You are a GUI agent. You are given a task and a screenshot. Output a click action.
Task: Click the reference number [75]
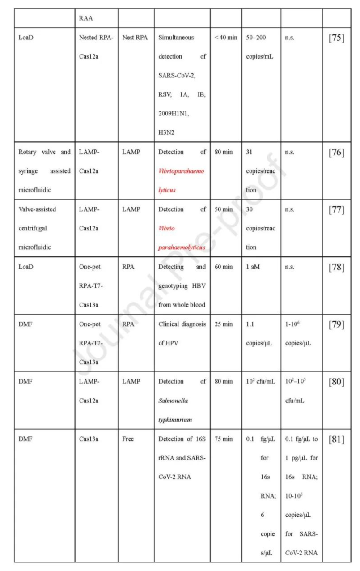pyautogui.click(x=336, y=38)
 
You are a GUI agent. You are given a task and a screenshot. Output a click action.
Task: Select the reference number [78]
pyautogui.click(x=336, y=268)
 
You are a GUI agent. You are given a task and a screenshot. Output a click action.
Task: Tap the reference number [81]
pyautogui.click(x=336, y=439)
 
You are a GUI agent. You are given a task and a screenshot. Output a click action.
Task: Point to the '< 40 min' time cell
pyautogui.click(x=226, y=38)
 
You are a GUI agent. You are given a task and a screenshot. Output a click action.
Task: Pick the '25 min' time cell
pyautogui.click(x=224, y=324)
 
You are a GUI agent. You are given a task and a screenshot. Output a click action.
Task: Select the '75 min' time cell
pyautogui.click(x=224, y=439)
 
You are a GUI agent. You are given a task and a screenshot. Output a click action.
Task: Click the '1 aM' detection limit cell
pyautogui.click(x=254, y=268)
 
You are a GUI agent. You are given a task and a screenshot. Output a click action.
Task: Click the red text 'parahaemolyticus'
pyautogui.click(x=182, y=247)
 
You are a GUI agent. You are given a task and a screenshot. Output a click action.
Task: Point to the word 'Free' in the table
pyautogui.click(x=128, y=439)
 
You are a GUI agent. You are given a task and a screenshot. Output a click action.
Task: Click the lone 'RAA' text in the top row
pyautogui.click(x=86, y=19)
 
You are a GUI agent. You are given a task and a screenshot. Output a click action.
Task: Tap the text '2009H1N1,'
pyautogui.click(x=174, y=114)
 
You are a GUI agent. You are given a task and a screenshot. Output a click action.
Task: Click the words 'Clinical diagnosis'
pyautogui.click(x=182, y=324)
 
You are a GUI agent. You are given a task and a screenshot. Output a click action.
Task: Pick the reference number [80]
pyautogui.click(x=336, y=382)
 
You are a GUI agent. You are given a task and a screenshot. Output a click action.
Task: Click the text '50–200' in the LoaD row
pyautogui.click(x=256, y=38)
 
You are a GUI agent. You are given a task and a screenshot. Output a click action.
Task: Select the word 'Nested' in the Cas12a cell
pyautogui.click(x=88, y=38)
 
